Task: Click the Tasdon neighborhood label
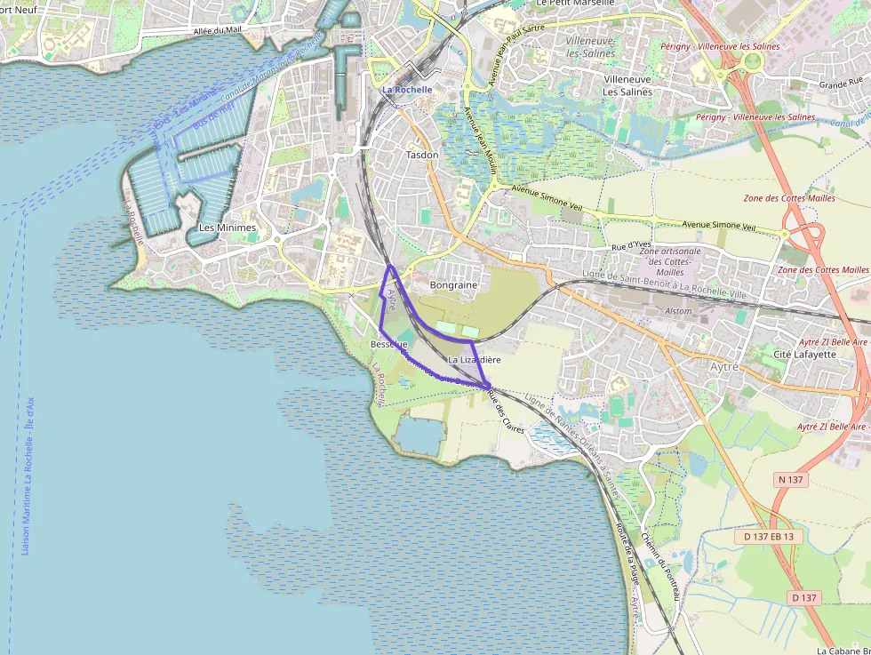422,155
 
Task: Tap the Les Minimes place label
228,228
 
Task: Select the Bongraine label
453,285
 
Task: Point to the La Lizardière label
475,360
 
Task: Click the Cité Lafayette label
805,354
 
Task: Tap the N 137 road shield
790,480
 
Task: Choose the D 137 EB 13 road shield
769,537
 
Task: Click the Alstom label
678,311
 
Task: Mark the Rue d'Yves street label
632,244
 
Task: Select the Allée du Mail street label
217,30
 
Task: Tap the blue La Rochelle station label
407,90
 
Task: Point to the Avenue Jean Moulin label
477,141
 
